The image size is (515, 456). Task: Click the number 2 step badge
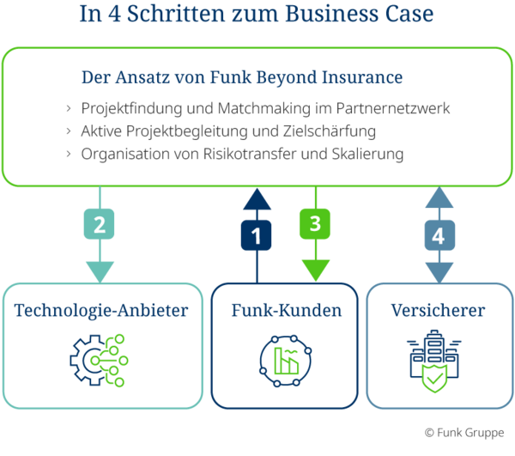click(100, 225)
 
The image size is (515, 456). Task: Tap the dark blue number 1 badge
click(256, 233)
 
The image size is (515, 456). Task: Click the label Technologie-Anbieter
click(100, 310)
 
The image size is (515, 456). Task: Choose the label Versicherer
click(438, 310)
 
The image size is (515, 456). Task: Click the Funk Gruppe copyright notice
click(463, 431)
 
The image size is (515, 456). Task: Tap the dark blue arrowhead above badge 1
click(256, 199)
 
